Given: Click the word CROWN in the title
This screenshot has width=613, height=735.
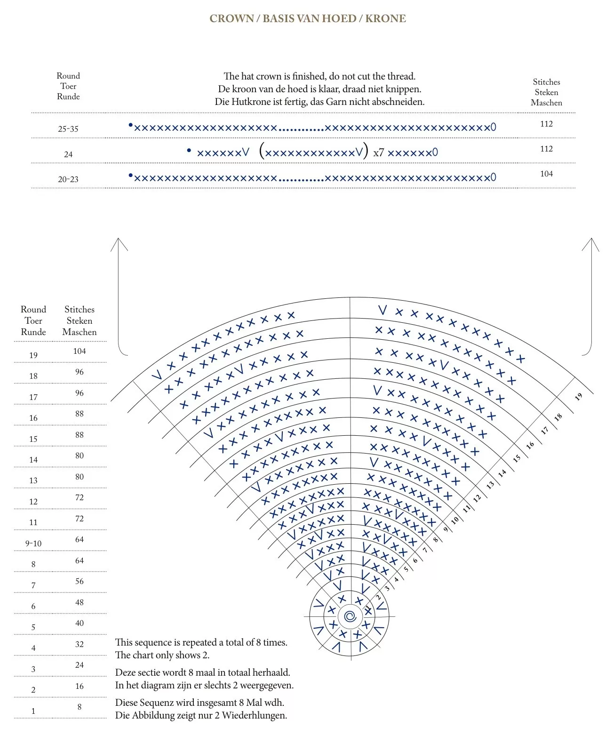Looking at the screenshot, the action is [x=231, y=18].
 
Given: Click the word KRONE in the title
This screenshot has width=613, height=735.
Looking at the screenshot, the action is [x=385, y=18].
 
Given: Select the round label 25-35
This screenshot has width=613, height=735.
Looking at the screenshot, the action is [x=68, y=129].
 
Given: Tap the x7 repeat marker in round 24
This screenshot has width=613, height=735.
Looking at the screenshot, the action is [x=379, y=153].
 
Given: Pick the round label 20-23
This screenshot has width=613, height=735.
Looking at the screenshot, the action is [x=68, y=179].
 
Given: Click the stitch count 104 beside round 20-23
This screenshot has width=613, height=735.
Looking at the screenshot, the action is [x=546, y=174].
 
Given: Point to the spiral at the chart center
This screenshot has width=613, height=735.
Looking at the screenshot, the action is [x=350, y=616].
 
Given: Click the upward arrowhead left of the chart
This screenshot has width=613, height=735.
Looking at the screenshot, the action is [x=119, y=244].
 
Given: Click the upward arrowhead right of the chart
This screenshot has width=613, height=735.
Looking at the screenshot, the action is [x=591, y=244].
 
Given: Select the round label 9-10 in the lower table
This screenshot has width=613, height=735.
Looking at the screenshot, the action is [x=33, y=543].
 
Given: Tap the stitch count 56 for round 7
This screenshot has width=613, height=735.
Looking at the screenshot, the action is [x=80, y=581].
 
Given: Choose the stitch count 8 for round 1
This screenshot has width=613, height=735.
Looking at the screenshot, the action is [x=80, y=706].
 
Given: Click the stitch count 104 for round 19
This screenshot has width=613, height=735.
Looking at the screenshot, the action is [x=80, y=351].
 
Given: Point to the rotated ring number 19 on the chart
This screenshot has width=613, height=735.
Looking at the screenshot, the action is [x=579, y=397].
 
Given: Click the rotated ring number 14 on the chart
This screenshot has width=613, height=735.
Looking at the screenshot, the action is [x=502, y=473].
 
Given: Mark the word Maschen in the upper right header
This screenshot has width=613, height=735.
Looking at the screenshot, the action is [x=546, y=103].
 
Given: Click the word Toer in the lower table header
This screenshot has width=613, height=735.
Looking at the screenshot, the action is [x=33, y=321].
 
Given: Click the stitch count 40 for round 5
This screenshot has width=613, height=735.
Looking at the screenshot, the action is [x=80, y=623].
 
